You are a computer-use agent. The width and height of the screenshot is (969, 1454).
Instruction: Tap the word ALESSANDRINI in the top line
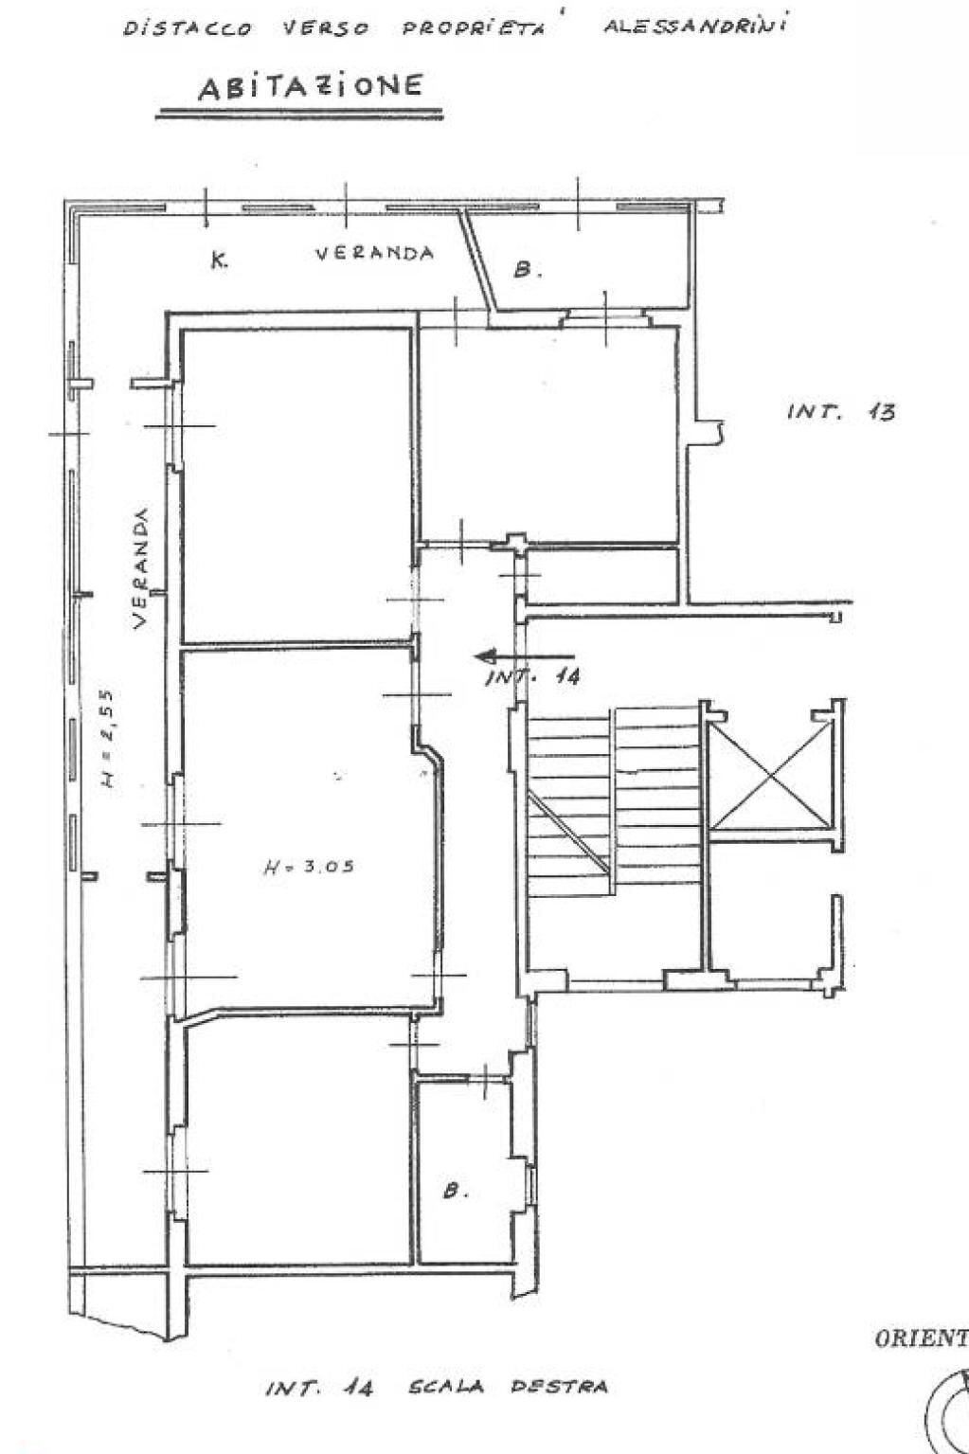click(696, 26)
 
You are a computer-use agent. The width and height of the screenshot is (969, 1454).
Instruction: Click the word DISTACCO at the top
click(188, 28)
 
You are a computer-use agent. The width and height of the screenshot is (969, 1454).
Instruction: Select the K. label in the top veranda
click(218, 261)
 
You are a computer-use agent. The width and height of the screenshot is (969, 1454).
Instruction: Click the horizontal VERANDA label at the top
click(374, 253)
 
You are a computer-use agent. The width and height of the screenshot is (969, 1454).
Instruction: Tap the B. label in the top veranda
click(528, 270)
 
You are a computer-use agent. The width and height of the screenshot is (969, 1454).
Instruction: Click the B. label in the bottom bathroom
click(457, 1191)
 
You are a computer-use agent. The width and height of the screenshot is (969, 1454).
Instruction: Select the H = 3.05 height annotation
click(308, 866)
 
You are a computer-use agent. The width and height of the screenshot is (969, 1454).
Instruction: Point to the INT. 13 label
click(840, 412)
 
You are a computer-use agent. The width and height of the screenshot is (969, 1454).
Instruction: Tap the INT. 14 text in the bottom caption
click(318, 1389)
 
